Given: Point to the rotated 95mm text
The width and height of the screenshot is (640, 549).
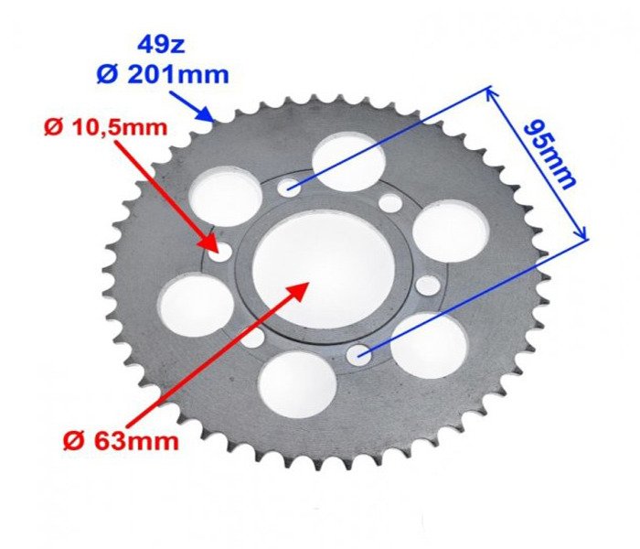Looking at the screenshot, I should (551, 152).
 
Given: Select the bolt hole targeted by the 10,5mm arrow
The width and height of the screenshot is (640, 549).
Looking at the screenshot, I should (219, 253).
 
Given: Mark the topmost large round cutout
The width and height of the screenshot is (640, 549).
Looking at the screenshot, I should (347, 162).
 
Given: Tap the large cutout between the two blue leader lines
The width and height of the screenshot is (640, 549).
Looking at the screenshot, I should (448, 231).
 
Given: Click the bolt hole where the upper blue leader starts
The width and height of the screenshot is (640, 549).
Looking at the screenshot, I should (290, 188).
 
